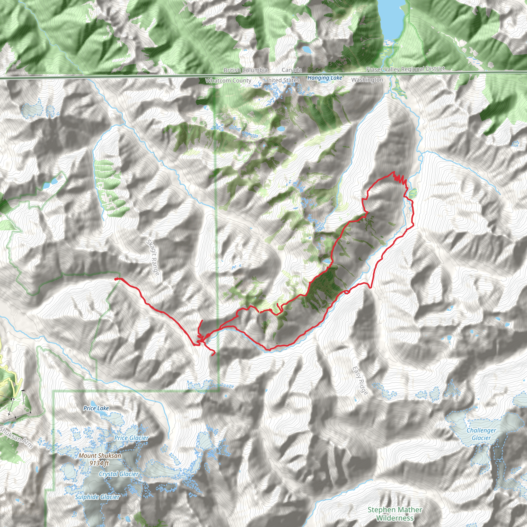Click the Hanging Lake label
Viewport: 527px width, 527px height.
pyautogui.click(x=324, y=78)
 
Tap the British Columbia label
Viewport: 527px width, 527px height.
pyautogui.click(x=245, y=70)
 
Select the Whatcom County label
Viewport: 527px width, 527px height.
pyautogui.click(x=228, y=81)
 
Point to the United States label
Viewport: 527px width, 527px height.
pyautogui.click(x=282, y=81)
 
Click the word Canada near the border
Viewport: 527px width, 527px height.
pyautogui.click(x=292, y=70)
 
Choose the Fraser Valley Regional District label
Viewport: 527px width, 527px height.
pyautogui.click(x=405, y=69)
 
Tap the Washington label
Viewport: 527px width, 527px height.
pyautogui.click(x=367, y=80)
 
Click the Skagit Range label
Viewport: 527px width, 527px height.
pyautogui.click(x=153, y=257)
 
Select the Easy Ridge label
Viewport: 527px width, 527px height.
pyautogui.click(x=360, y=380)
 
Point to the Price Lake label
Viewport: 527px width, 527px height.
pyautogui.click(x=96, y=408)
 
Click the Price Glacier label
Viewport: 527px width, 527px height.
pyautogui.click(x=131, y=438)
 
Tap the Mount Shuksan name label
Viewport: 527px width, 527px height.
pyautogui.click(x=100, y=455)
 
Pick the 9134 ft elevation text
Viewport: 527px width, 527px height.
pyautogui.click(x=99, y=463)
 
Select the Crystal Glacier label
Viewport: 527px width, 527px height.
pyautogui.click(x=119, y=474)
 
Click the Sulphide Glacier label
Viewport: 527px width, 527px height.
pyautogui.click(x=97, y=497)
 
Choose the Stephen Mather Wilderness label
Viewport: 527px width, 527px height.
pyautogui.click(x=395, y=514)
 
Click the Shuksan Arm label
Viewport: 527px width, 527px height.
pyautogui.click(x=16, y=437)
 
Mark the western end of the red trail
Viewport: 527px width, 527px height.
pyautogui.click(x=116, y=279)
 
